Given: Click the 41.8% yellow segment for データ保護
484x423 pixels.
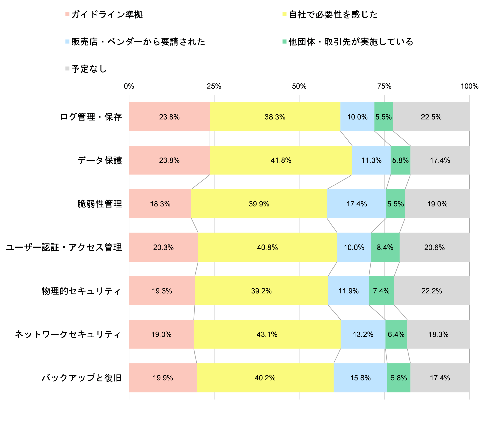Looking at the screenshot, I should tap(281, 160).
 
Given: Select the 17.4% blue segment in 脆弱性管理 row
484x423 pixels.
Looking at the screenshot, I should tap(356, 204).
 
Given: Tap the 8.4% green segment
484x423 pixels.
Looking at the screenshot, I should tap(385, 247).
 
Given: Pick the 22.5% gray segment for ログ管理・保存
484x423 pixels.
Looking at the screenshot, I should tap(431, 117).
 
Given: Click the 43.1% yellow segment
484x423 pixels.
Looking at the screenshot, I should tap(267, 334).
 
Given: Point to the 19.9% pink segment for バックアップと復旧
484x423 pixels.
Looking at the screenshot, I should tap(163, 378).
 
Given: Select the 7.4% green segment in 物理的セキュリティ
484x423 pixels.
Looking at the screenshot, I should tap(381, 291).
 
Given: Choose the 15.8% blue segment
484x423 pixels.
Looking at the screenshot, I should tap(360, 378).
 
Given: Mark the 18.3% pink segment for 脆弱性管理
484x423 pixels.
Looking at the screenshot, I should tap(160, 204).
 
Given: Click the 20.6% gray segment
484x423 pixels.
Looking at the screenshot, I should tap(434, 247).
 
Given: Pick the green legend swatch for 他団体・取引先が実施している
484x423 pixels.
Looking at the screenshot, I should tap(284, 42).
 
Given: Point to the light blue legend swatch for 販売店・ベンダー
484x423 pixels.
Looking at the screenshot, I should tap(67, 42).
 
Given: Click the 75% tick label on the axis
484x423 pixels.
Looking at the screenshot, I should tap(384, 86).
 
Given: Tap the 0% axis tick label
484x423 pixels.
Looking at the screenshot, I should tap(129, 86).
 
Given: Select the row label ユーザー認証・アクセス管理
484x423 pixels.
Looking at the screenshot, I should tap(64, 247).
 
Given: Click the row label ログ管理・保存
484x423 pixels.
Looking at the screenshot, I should tap(91, 117).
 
